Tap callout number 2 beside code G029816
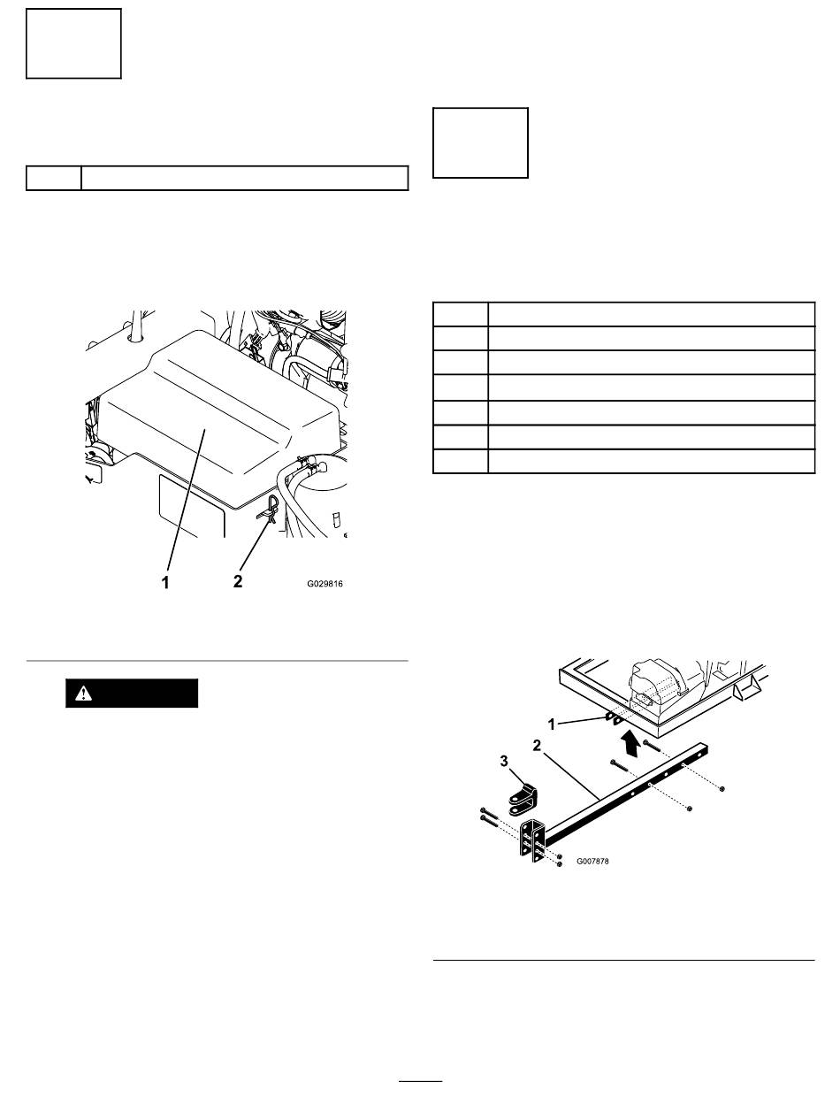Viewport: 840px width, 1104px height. click(x=237, y=581)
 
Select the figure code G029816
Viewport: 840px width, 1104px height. click(x=325, y=584)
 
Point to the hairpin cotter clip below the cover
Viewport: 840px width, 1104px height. click(x=270, y=510)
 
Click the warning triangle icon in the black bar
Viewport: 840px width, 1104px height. click(x=83, y=694)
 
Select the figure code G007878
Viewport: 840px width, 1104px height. click(x=592, y=861)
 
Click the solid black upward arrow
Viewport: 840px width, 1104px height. click(x=628, y=744)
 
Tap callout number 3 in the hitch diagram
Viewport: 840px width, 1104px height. click(x=504, y=762)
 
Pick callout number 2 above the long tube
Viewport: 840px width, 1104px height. click(x=537, y=746)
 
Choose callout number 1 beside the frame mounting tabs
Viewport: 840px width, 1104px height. click(x=552, y=724)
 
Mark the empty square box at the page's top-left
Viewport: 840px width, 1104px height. click(x=73, y=43)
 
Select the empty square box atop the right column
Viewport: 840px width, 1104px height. click(x=480, y=142)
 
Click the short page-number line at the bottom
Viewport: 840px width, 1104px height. click(x=420, y=1080)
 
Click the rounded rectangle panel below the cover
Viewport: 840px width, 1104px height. click(x=192, y=505)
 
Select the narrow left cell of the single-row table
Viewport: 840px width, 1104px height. click(x=54, y=178)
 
